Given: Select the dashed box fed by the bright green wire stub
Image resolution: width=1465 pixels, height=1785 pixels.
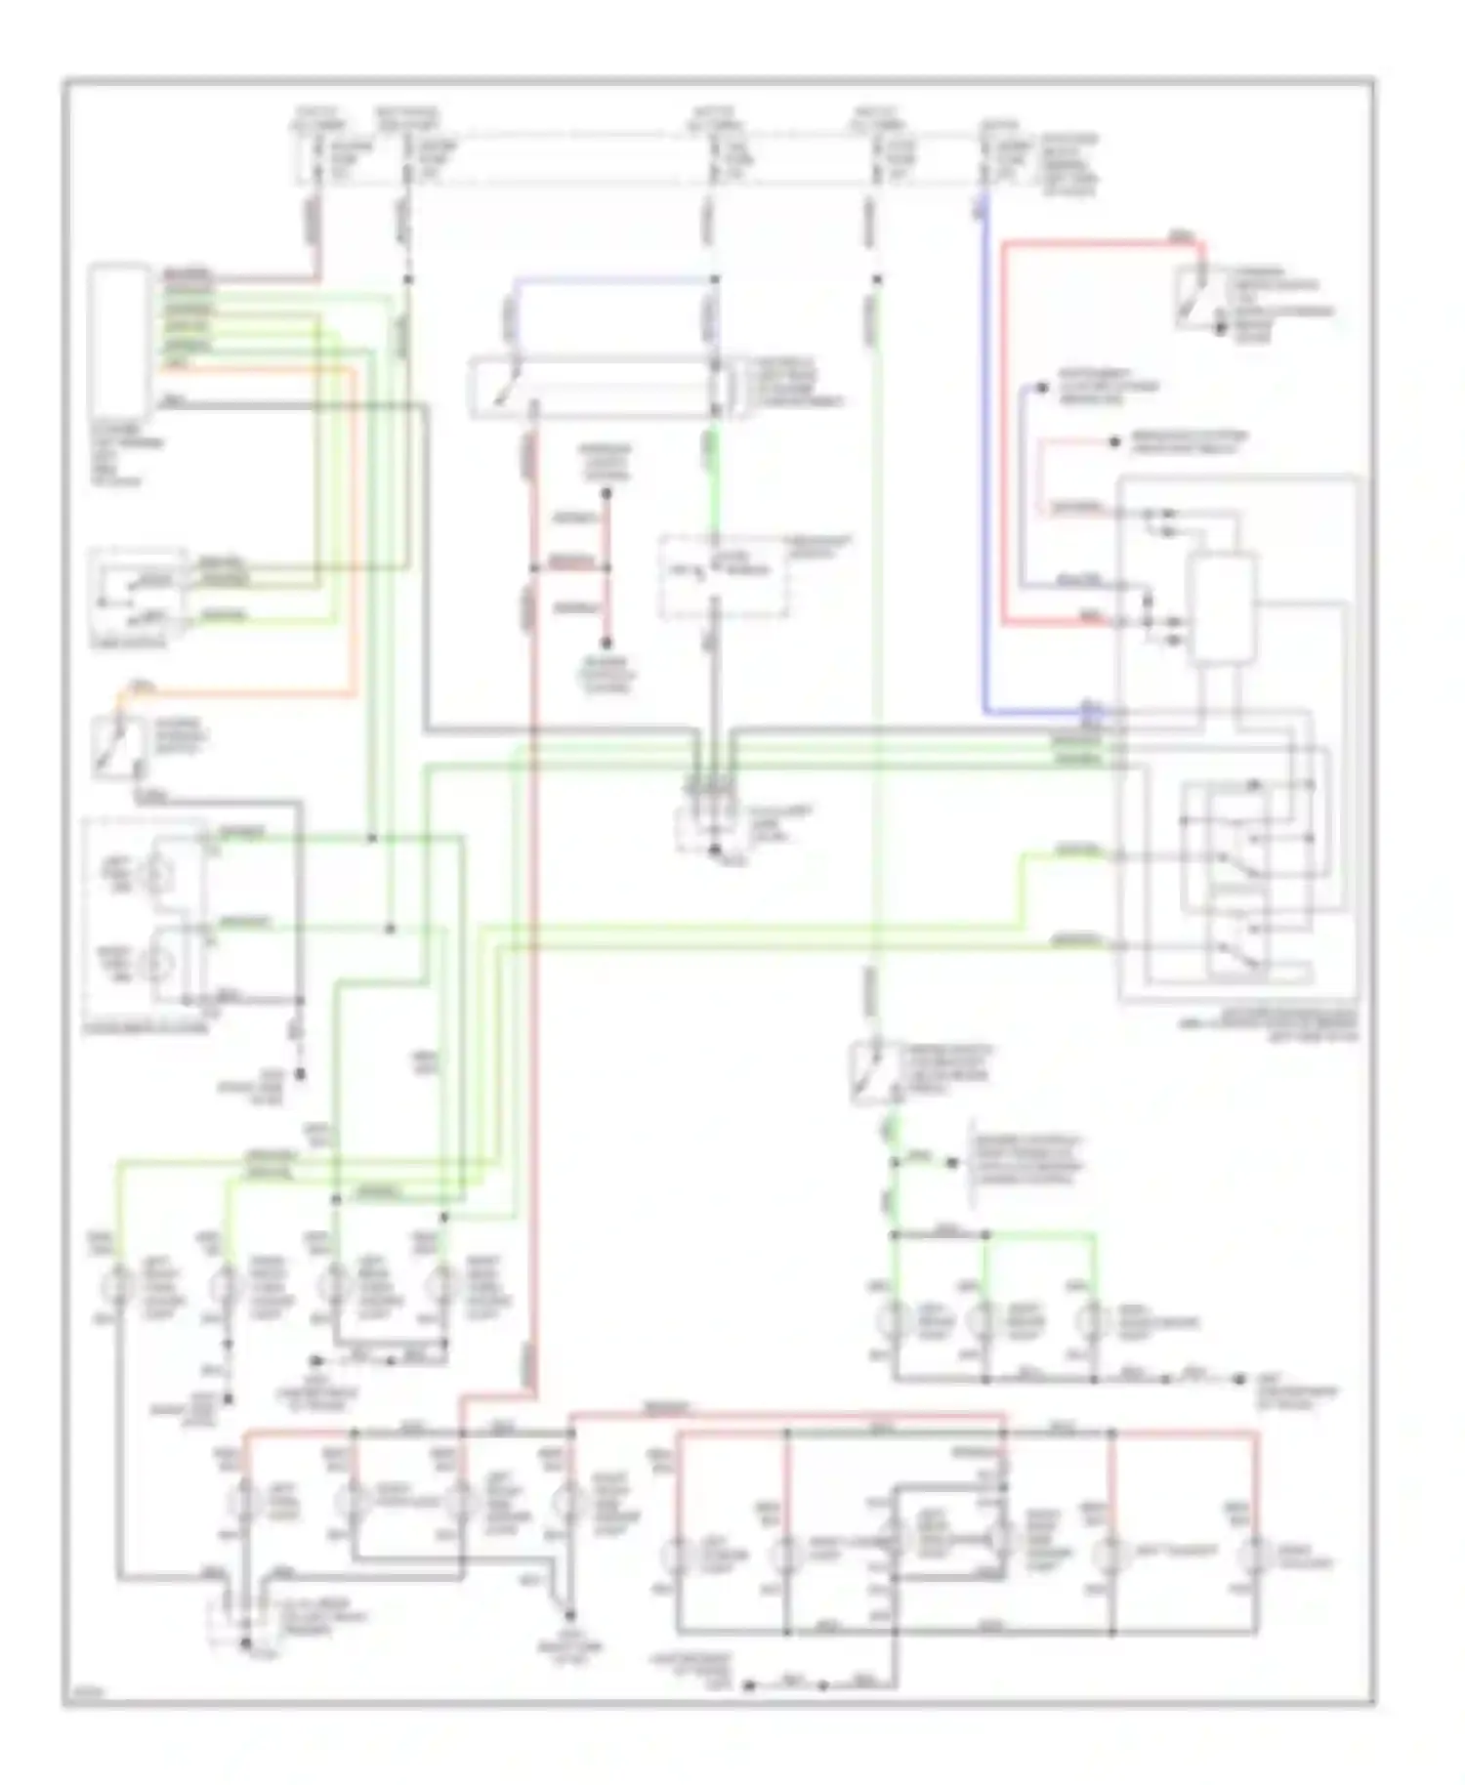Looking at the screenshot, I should click(x=722, y=576).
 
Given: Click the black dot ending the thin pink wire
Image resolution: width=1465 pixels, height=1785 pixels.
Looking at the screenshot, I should click(x=1114, y=442).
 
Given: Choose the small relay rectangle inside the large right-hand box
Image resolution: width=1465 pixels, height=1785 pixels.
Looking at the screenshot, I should click(x=1221, y=608).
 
